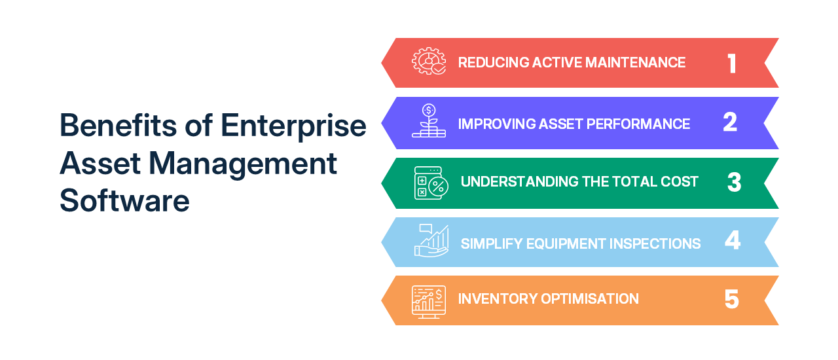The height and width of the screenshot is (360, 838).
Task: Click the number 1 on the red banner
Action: (x=732, y=63)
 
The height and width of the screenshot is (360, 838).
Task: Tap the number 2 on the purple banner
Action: (x=730, y=123)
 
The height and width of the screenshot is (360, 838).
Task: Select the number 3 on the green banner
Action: (x=734, y=182)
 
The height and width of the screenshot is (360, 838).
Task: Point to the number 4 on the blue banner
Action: (x=733, y=242)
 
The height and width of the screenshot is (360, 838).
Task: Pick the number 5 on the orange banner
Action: (x=732, y=299)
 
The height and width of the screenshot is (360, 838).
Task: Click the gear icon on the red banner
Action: (x=429, y=62)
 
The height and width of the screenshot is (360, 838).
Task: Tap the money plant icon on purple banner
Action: (x=429, y=121)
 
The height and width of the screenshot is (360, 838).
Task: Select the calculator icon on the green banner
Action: (x=431, y=182)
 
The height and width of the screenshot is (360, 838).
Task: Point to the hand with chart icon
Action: (x=431, y=241)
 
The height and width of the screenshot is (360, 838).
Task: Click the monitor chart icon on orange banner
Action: (x=429, y=301)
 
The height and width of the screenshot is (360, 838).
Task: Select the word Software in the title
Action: (x=124, y=200)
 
